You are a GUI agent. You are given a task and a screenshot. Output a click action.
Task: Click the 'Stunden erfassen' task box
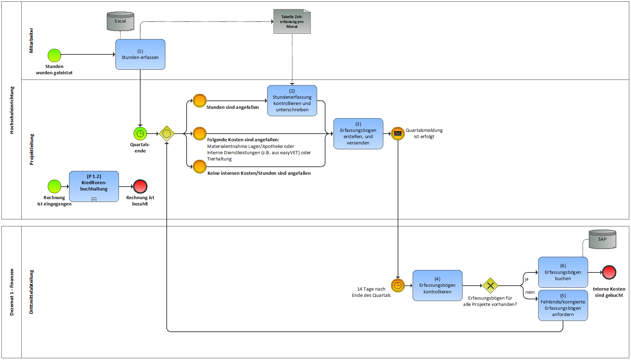pyautogui.click(x=140, y=54)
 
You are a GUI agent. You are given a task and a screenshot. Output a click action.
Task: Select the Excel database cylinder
pyautogui.click(x=120, y=21)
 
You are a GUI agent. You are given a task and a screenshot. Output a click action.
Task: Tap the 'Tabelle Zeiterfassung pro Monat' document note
pyautogui.click(x=292, y=22)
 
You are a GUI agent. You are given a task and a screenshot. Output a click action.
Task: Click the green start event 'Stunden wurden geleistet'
pyautogui.click(x=54, y=55)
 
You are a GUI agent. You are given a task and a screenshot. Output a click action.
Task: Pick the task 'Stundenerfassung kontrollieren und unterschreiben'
pyautogui.click(x=292, y=100)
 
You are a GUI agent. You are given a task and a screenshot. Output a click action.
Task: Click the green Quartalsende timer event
pyautogui.click(x=140, y=134)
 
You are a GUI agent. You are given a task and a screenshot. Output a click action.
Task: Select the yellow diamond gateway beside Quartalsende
pyautogui.click(x=167, y=134)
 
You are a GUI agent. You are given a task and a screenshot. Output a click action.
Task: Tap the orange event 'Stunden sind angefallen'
pyautogui.click(x=200, y=101)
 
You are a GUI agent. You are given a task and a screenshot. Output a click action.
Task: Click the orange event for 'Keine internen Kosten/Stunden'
pyautogui.click(x=200, y=167)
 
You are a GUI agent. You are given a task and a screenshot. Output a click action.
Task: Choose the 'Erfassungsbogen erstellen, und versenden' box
pyautogui.click(x=358, y=134)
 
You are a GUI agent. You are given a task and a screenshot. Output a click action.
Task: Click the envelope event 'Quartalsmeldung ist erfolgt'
pyautogui.click(x=398, y=133)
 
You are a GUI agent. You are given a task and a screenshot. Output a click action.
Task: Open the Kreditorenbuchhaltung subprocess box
pyautogui.click(x=94, y=186)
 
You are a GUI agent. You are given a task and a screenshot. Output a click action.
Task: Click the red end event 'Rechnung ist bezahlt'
pyautogui.click(x=140, y=187)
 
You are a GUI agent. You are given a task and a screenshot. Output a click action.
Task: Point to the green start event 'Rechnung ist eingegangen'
pyautogui.click(x=54, y=187)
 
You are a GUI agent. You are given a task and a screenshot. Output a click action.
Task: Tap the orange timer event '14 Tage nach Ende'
pyautogui.click(x=398, y=286)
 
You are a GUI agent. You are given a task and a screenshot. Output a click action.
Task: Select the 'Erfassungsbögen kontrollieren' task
pyautogui.click(x=437, y=285)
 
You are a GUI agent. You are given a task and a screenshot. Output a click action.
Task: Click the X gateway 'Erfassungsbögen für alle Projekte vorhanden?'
pyautogui.click(x=490, y=286)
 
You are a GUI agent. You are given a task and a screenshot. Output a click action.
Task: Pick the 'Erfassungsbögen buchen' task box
pyautogui.click(x=563, y=272)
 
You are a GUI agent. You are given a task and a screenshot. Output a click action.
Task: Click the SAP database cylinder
pyautogui.click(x=602, y=239)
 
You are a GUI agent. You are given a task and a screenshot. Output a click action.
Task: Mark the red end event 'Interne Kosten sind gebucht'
pyautogui.click(x=609, y=272)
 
